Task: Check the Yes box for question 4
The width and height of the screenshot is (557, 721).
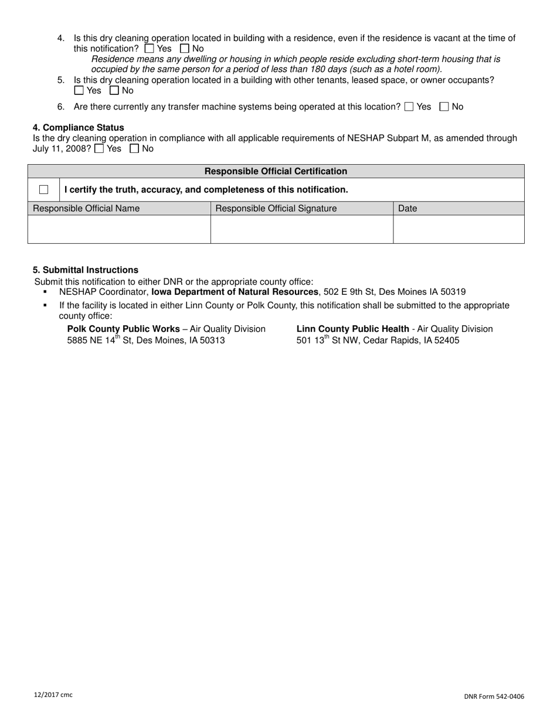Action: pyautogui.click(x=149, y=49)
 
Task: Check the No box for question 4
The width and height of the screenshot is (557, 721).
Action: pyautogui.click(x=185, y=49)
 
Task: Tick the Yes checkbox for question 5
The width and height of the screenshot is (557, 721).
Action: pyautogui.click(x=79, y=90)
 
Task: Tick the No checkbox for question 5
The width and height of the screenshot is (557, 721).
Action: pyautogui.click(x=114, y=90)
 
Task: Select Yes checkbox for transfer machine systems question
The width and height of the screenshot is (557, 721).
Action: pyautogui.click(x=409, y=107)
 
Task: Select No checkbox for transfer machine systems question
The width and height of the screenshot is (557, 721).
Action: pyautogui.click(x=444, y=107)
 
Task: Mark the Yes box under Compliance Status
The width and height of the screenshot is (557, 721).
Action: pyautogui.click(x=99, y=149)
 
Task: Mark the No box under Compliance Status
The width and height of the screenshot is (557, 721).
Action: pyautogui.click(x=134, y=149)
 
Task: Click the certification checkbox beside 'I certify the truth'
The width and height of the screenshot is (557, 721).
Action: pyautogui.click(x=44, y=189)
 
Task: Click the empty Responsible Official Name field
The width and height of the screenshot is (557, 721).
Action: pyautogui.click(x=119, y=229)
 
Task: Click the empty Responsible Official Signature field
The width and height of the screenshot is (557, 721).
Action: pyautogui.click(x=301, y=229)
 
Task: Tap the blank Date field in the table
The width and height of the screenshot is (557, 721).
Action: pyautogui.click(x=458, y=229)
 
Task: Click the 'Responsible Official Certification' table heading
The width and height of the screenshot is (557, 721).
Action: pyautogui.click(x=276, y=171)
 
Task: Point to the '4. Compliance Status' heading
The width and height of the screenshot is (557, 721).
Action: pyautogui.click(x=79, y=127)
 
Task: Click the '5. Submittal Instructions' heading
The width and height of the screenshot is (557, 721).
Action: pyautogui.click(x=86, y=270)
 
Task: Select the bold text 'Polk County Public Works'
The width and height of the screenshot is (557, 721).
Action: pyautogui.click(x=124, y=329)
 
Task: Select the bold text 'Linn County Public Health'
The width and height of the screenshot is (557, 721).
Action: pyautogui.click(x=353, y=329)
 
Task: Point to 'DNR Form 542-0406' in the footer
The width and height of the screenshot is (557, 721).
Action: pyautogui.click(x=494, y=696)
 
